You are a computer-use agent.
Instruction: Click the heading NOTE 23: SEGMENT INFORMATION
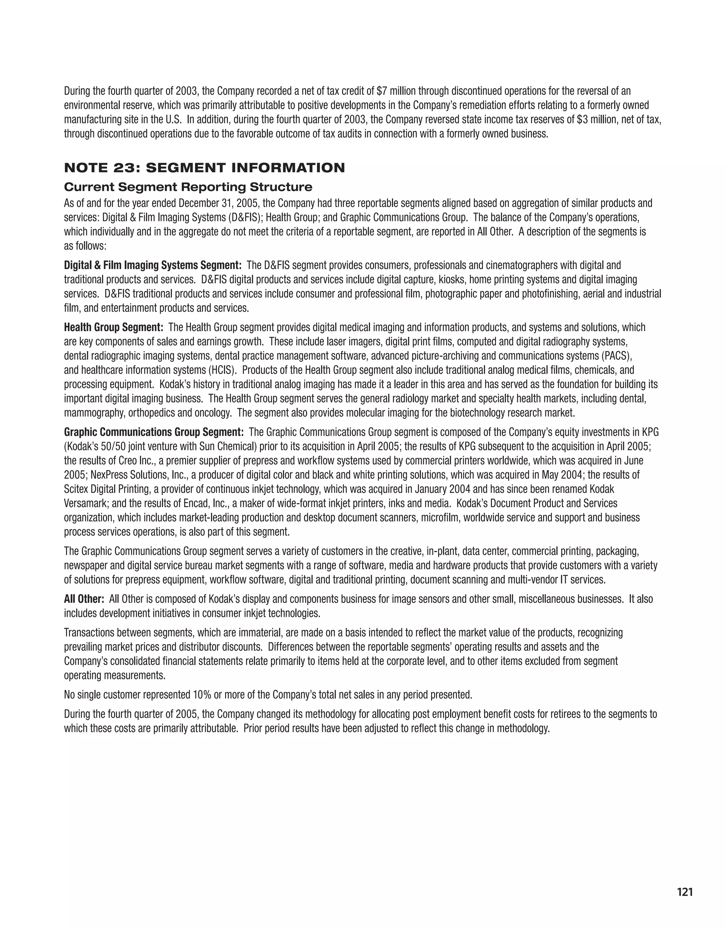tap(204, 168)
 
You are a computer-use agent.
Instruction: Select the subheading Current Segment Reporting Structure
tap(188, 187)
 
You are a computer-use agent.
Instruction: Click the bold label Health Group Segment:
tap(113, 328)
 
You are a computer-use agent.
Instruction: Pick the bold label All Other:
tap(84, 599)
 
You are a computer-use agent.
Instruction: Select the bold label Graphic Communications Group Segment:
tap(153, 433)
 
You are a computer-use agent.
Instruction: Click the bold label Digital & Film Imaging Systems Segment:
tap(153, 266)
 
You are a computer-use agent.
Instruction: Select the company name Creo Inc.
tap(141, 461)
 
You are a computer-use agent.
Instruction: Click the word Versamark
tap(85, 504)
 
